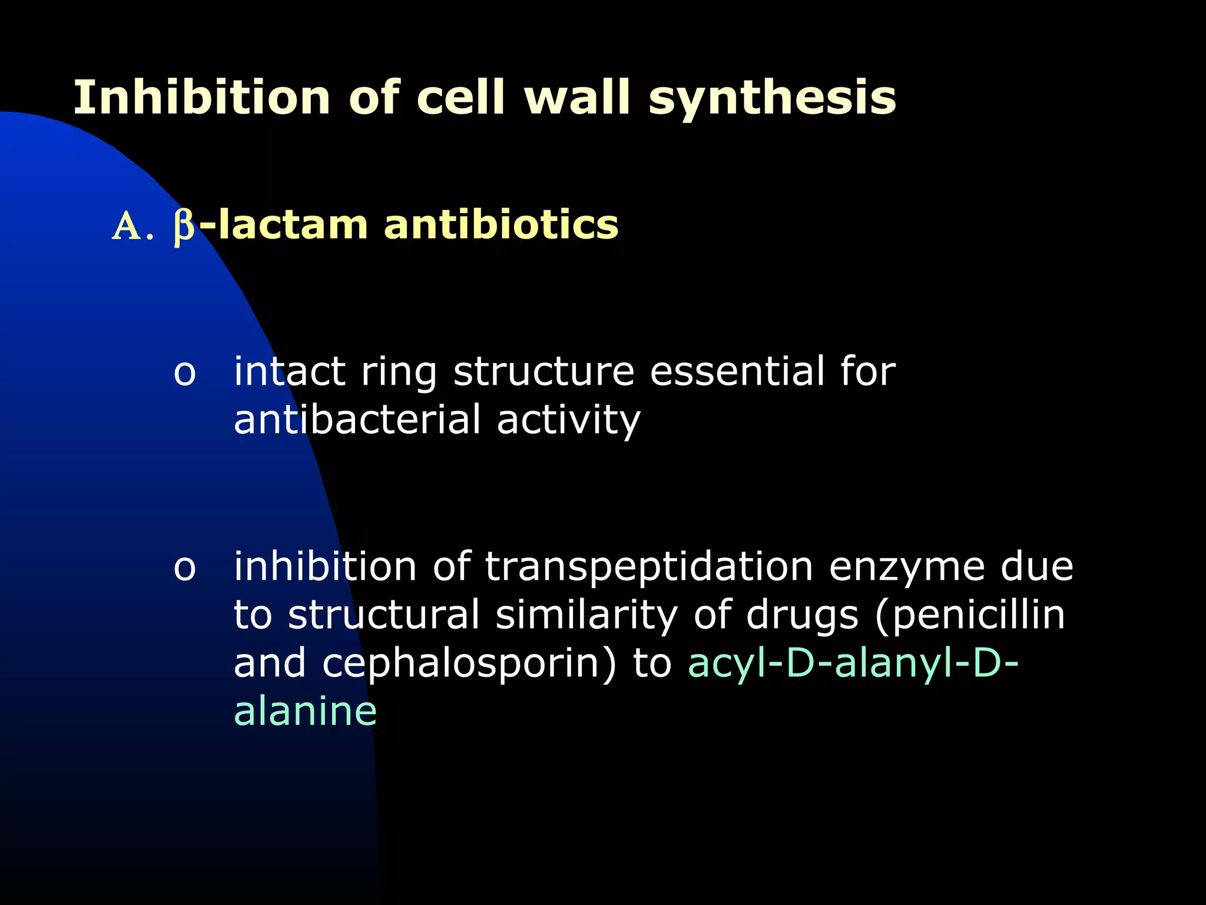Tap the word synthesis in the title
point(772,98)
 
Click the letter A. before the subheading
point(132,227)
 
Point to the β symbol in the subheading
point(184,227)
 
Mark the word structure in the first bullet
point(544,372)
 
